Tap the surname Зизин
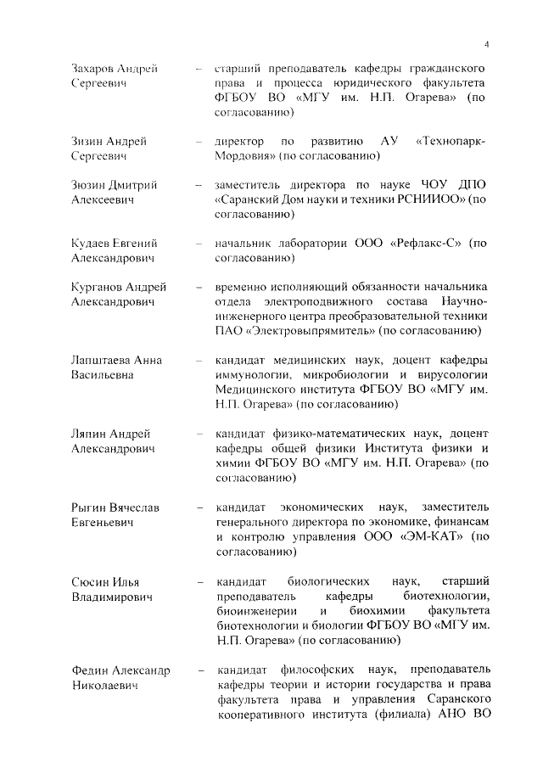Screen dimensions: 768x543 click(90, 140)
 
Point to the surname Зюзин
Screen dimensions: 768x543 click(91, 184)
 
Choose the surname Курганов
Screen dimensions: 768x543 click(98, 287)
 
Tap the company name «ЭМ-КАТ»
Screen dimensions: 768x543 click(430, 537)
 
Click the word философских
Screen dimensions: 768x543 click(320, 670)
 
